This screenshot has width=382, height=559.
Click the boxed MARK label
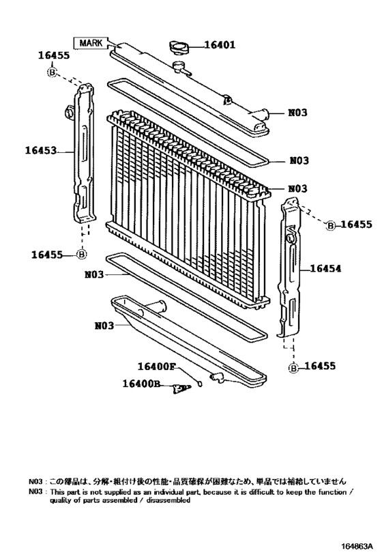91,43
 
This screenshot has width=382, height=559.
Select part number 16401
220,46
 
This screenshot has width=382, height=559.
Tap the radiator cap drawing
179,48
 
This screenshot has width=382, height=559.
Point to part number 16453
42,152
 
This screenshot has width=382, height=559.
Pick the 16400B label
141,385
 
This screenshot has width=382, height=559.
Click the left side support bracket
83,157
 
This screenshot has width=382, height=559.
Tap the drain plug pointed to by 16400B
181,388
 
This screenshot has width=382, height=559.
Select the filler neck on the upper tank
180,68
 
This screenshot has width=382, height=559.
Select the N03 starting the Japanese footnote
36,481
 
